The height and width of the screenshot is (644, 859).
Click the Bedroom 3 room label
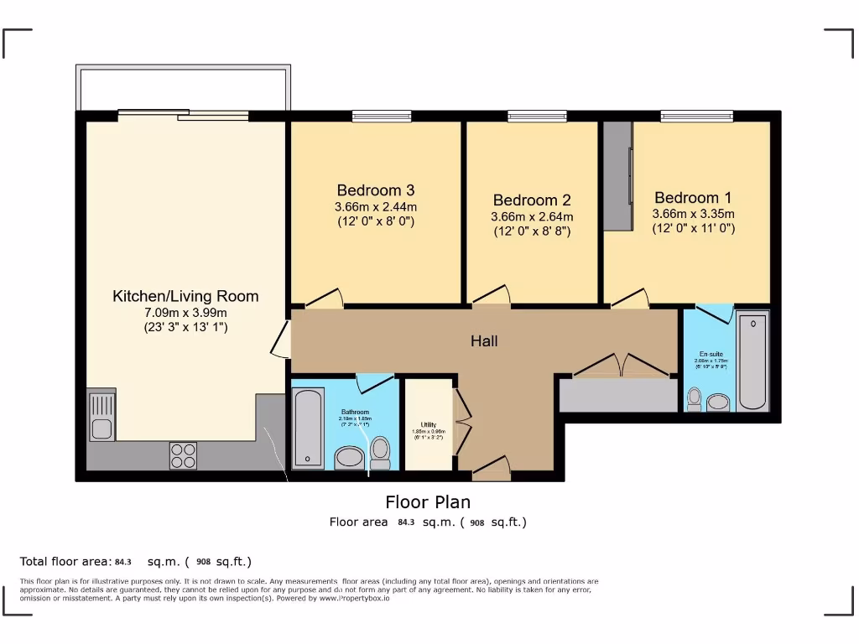(x=376, y=190)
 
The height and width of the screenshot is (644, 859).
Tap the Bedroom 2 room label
(x=532, y=200)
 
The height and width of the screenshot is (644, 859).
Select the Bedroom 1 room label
(x=693, y=198)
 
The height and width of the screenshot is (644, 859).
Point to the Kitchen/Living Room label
(x=185, y=296)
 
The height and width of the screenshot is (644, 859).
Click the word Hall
(x=484, y=340)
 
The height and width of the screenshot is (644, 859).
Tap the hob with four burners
(x=183, y=454)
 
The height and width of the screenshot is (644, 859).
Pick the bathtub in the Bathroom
(x=308, y=428)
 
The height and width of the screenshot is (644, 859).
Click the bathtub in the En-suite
(x=752, y=361)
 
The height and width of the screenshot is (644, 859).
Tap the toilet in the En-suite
(x=694, y=399)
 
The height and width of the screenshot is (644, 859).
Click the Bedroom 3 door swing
(x=324, y=298)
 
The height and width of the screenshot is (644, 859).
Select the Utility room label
(x=428, y=425)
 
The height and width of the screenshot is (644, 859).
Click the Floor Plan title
(x=428, y=502)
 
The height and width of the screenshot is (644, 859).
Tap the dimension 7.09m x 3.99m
(x=185, y=313)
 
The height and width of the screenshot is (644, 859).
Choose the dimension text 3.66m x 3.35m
(x=693, y=213)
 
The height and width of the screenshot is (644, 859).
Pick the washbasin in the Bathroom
(x=347, y=458)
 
